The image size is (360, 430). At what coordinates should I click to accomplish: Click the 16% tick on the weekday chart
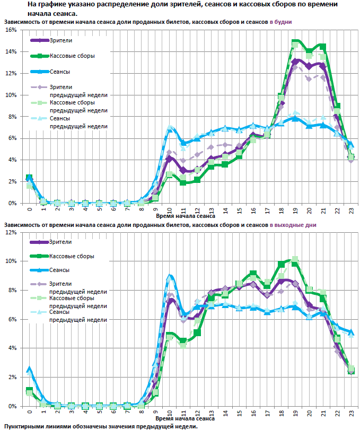point(11,30)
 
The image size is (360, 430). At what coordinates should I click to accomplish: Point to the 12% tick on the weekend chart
point(11,232)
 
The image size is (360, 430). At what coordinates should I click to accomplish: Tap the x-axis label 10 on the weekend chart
point(170,413)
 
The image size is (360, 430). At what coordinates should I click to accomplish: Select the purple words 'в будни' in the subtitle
point(281,22)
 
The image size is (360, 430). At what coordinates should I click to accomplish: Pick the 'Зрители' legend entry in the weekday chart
point(61,40)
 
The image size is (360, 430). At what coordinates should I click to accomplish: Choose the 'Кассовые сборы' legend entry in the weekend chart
point(72,256)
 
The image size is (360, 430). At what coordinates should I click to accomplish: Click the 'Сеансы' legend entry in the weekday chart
point(60,71)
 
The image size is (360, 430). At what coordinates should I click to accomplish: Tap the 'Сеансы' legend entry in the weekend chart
point(60,270)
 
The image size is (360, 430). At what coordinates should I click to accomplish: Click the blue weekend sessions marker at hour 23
point(352,332)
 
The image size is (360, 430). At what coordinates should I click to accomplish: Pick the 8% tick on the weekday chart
point(11,117)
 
